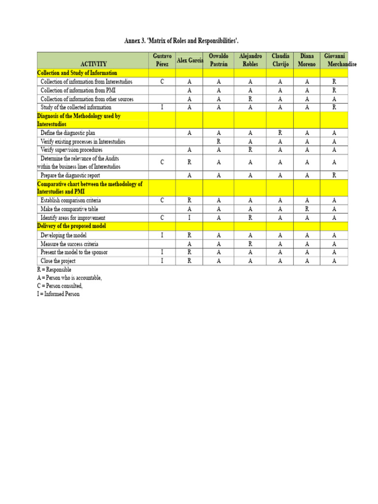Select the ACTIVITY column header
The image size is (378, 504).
[93, 64]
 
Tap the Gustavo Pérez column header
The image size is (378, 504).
[162, 60]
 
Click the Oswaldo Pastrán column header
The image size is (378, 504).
[219, 60]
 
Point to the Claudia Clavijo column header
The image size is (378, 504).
[280, 60]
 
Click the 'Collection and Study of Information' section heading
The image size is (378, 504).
[77, 73]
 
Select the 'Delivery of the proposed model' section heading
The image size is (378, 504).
[72, 226]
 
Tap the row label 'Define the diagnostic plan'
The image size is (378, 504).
[68, 133]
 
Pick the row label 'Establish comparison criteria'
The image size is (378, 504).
[70, 200]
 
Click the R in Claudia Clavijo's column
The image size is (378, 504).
[280, 133]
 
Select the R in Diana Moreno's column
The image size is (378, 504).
[307, 209]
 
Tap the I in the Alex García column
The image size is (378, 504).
[189, 218]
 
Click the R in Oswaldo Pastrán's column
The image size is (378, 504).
[219, 141]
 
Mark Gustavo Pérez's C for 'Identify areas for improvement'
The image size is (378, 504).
[162, 218]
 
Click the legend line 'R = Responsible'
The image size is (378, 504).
[54, 270]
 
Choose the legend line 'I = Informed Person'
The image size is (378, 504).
[58, 294]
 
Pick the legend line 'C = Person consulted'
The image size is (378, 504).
[60, 286]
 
